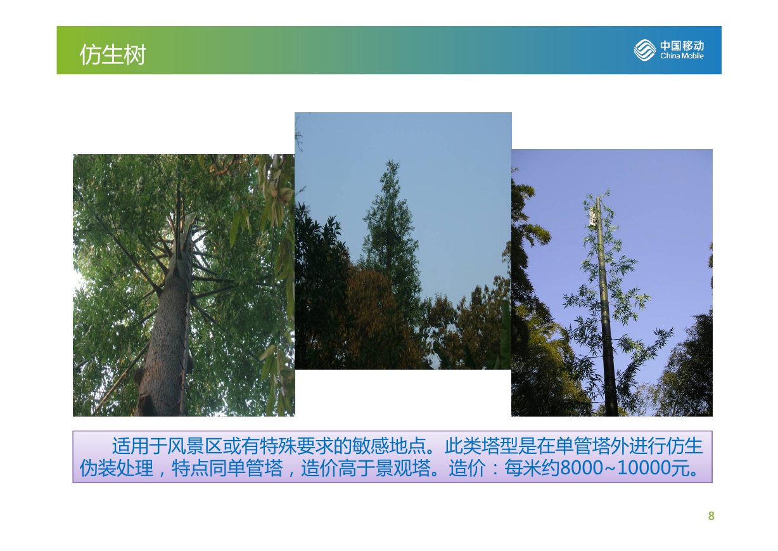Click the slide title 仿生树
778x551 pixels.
(113, 55)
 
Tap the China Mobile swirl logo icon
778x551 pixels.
(644, 50)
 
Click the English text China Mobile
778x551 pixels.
(682, 56)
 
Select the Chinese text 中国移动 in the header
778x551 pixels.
(682, 46)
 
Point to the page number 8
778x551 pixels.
(711, 515)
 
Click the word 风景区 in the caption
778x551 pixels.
(194, 446)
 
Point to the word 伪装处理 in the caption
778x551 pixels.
(117, 468)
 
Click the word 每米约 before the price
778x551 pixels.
(532, 468)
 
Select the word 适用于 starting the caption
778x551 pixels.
(139, 446)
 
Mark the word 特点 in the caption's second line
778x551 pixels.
(190, 468)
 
